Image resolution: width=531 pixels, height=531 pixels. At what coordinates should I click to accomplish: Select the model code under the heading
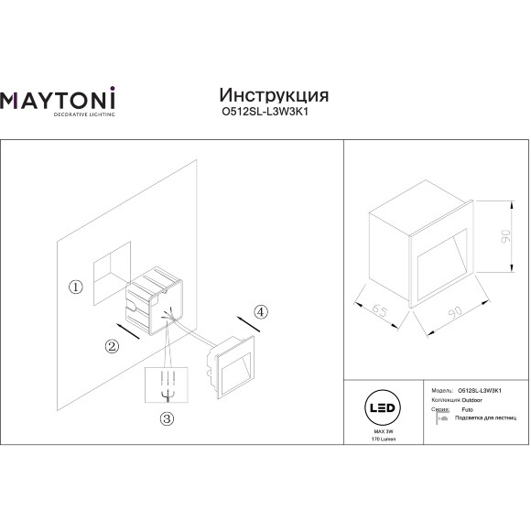click(x=272, y=114)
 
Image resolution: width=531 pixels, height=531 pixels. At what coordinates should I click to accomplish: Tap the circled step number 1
click(x=76, y=287)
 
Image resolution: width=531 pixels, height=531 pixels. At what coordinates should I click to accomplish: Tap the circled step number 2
click(x=112, y=346)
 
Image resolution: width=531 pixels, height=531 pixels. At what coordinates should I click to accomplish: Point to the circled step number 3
click(x=166, y=419)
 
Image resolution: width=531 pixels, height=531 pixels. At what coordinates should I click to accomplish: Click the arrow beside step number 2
click(x=128, y=330)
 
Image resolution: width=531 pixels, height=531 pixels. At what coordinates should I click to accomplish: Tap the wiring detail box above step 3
click(x=168, y=385)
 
